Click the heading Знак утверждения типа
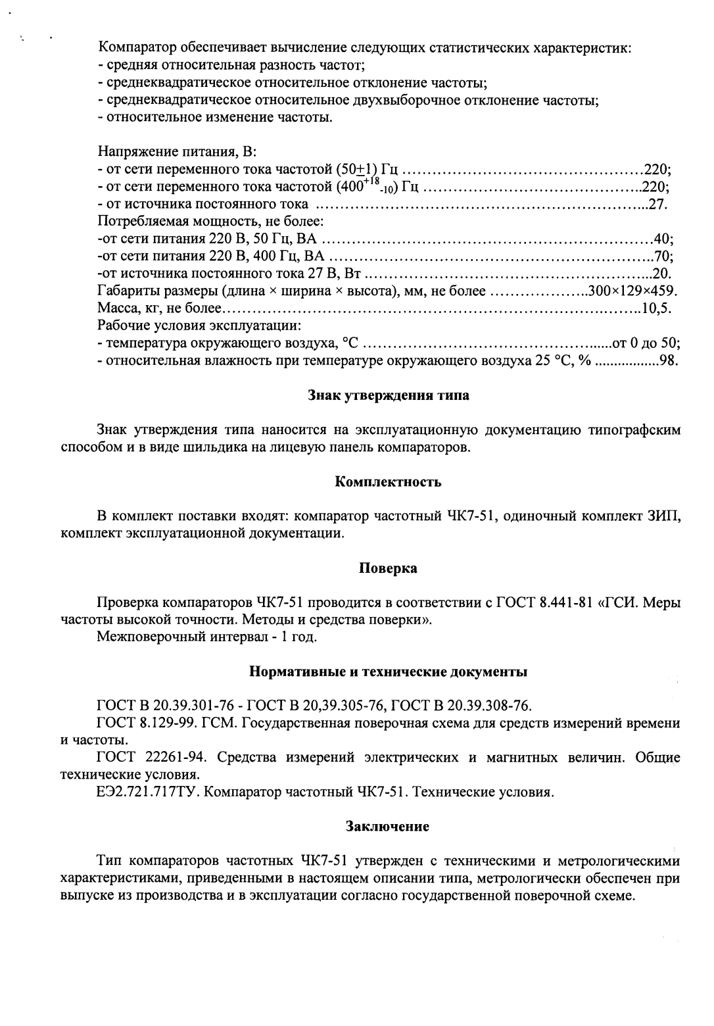click(389, 396)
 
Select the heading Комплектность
click(388, 481)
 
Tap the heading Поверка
click(388, 568)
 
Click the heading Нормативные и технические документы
click(388, 672)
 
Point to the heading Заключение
click(388, 826)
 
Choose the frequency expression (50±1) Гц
click(367, 170)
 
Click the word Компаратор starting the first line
click(137, 48)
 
